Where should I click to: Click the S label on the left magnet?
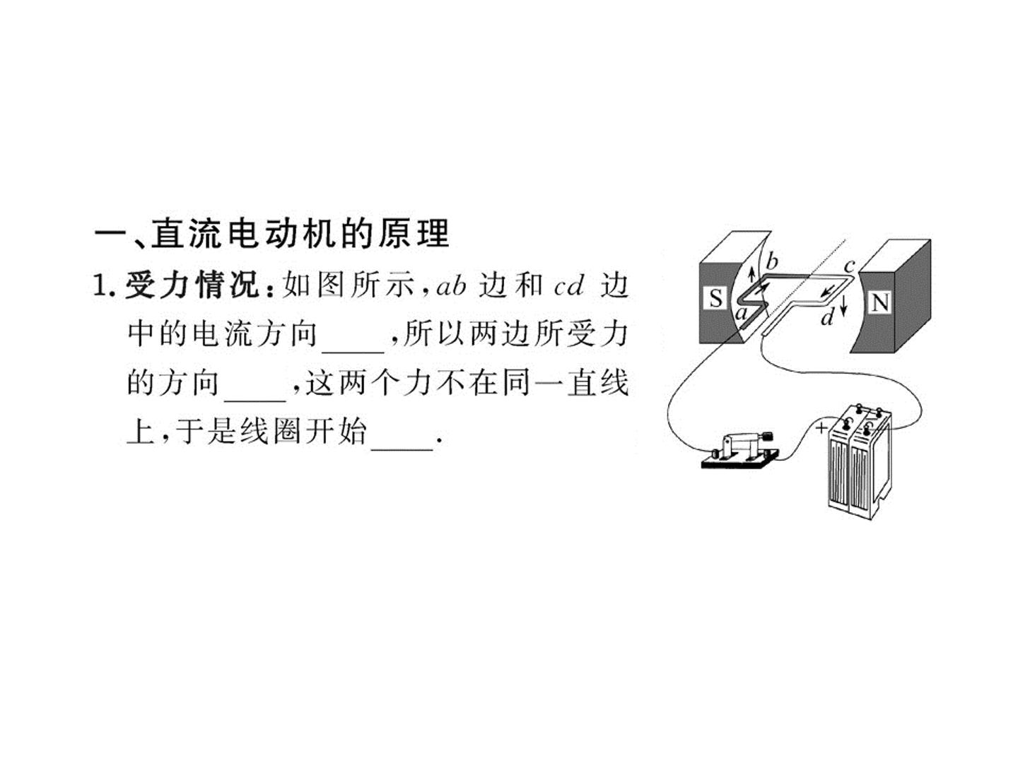pyautogui.click(x=715, y=298)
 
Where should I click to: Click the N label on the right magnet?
pyautogui.click(x=880, y=302)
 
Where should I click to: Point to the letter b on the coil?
pyautogui.click(x=771, y=261)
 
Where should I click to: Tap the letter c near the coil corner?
pyautogui.click(x=849, y=266)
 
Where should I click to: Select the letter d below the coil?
pyautogui.click(x=827, y=317)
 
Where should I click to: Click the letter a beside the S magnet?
pyautogui.click(x=742, y=314)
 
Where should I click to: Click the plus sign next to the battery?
pyautogui.click(x=821, y=427)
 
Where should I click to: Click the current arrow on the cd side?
pyautogui.click(x=827, y=291)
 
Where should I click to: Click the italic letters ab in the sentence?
pyautogui.click(x=451, y=286)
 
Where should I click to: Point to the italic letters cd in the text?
pyautogui.click(x=568, y=287)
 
